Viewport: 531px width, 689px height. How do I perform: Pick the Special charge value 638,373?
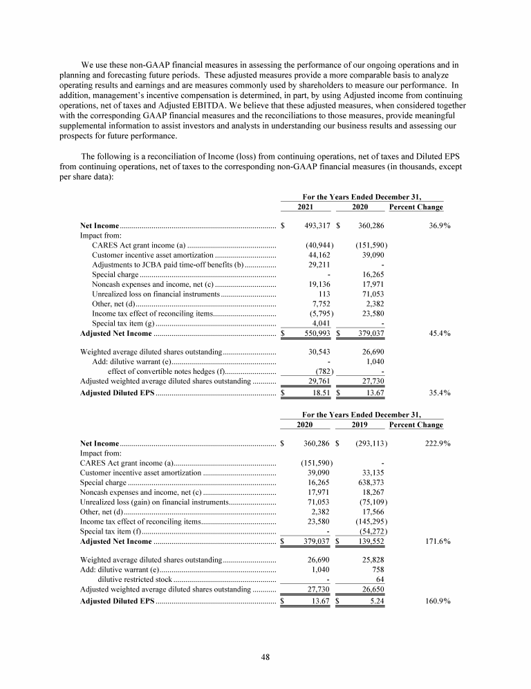point(371,482)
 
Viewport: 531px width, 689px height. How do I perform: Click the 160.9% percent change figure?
point(437,602)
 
